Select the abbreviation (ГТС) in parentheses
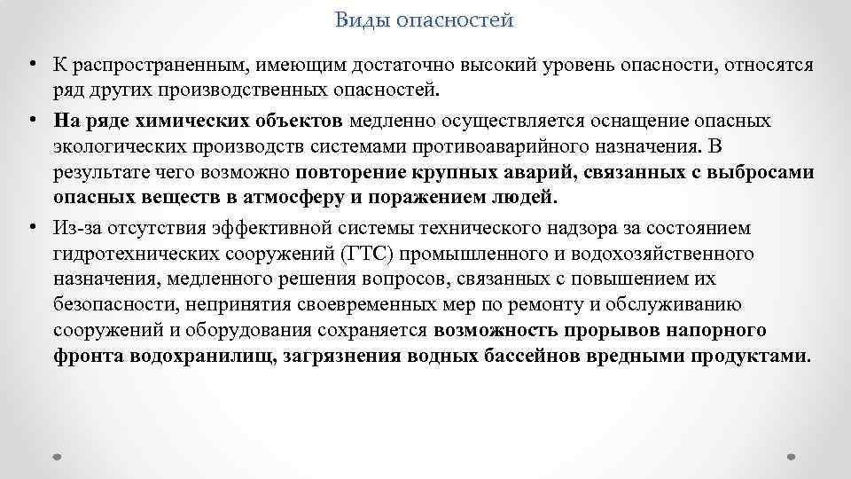(362, 255)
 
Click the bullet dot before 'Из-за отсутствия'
(31, 228)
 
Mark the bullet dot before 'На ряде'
(31, 119)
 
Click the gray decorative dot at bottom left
(57, 456)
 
